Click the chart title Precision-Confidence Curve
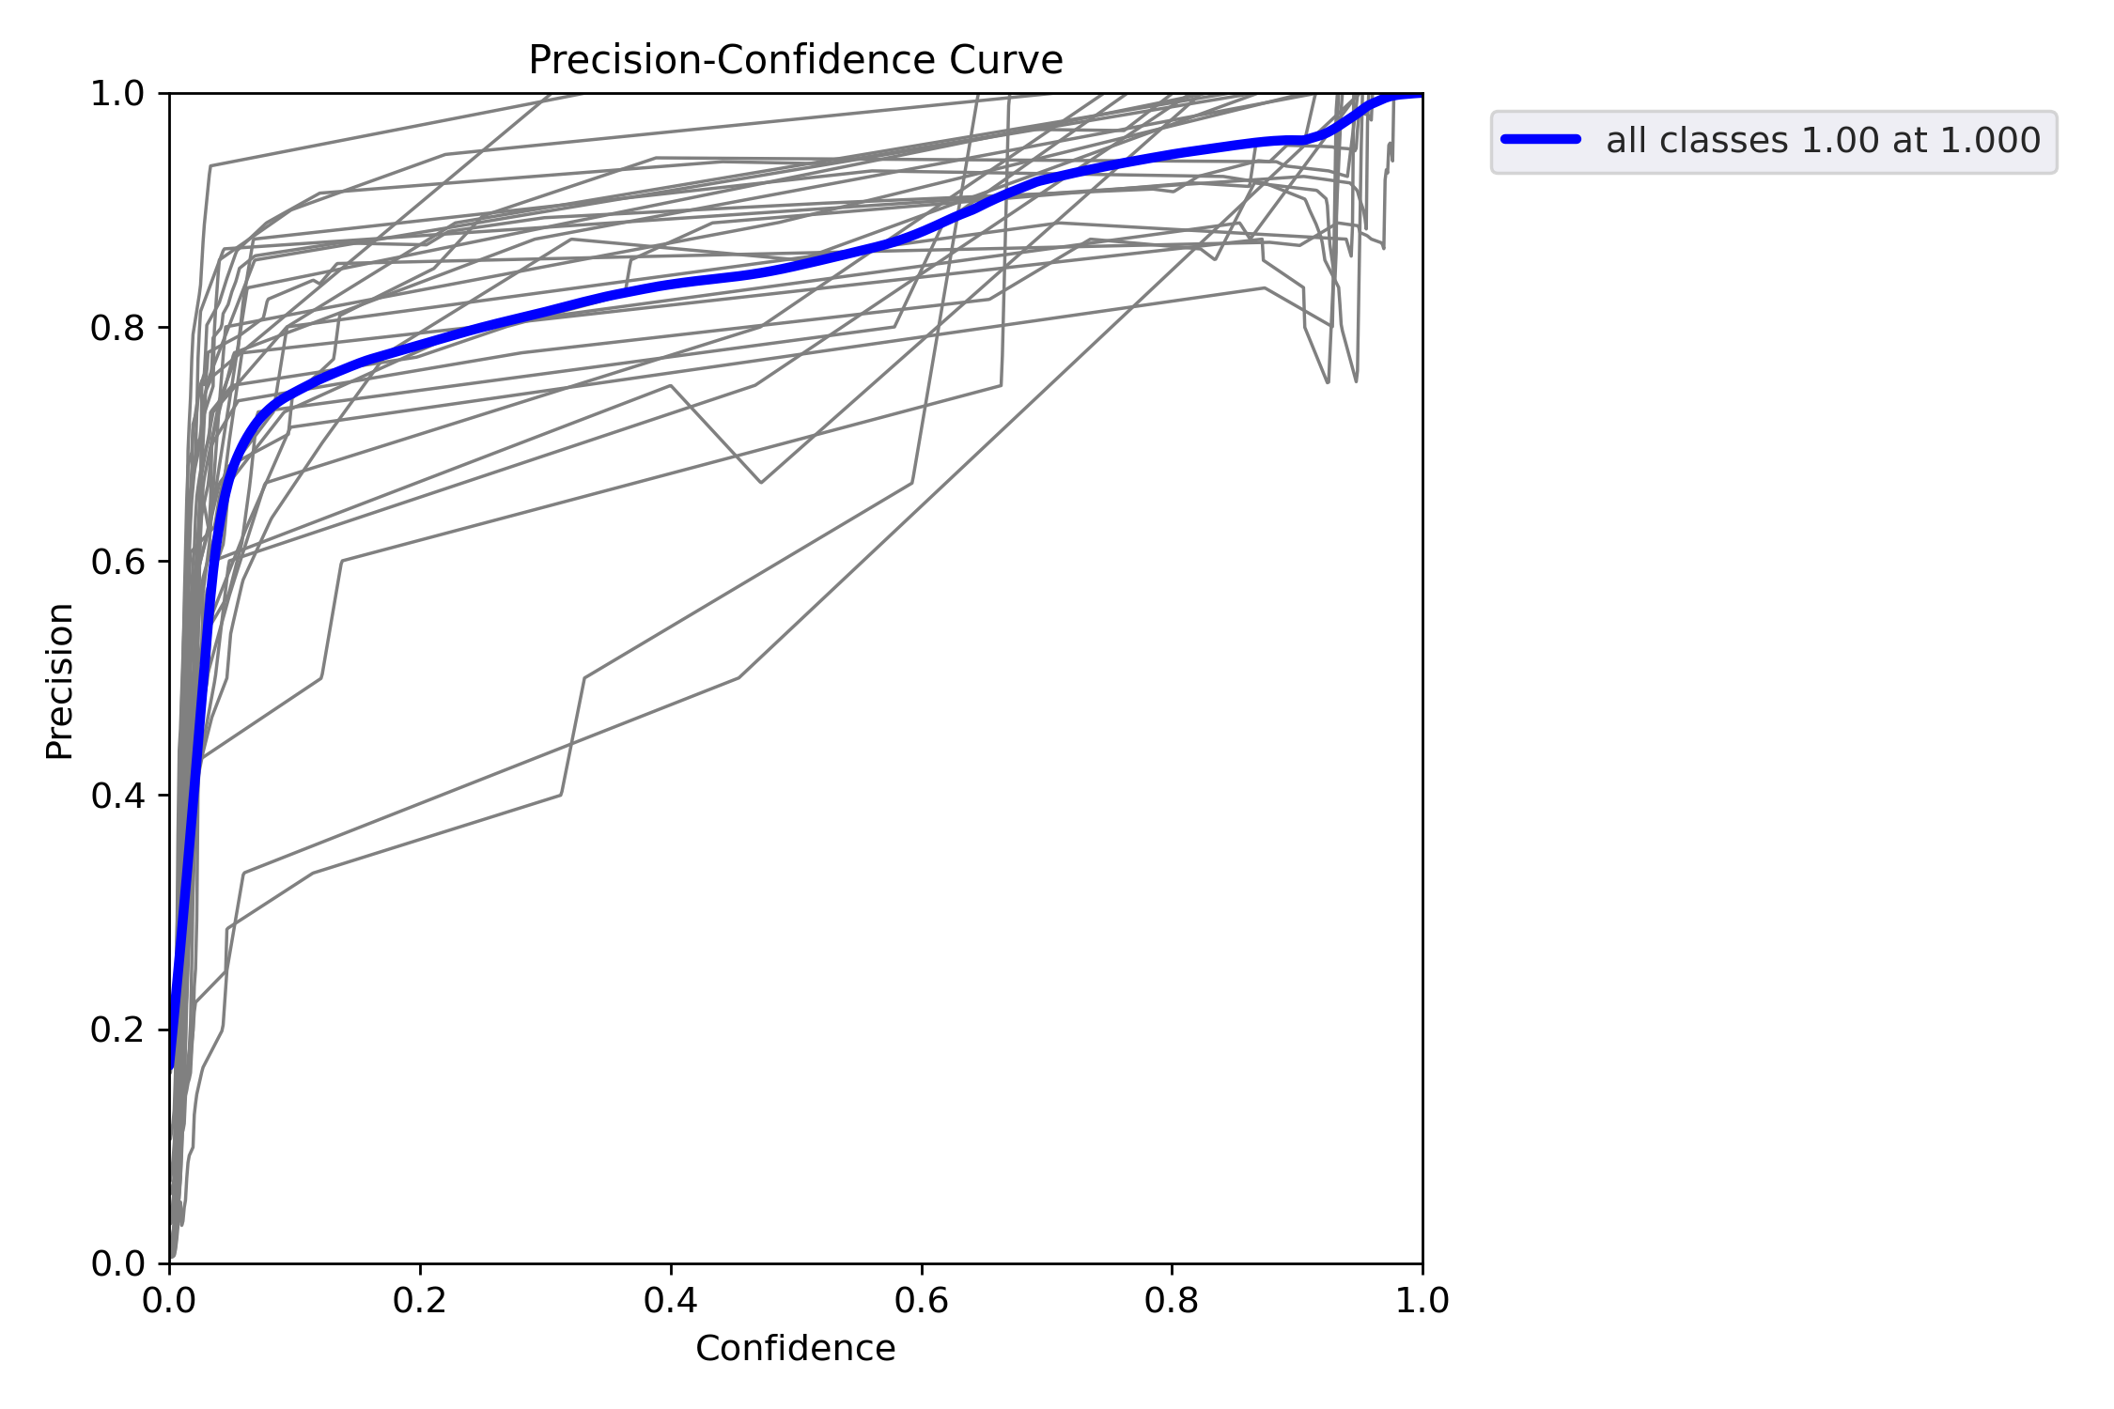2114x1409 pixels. [795, 61]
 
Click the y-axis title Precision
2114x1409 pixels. [60, 681]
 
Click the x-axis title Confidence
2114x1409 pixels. [795, 1349]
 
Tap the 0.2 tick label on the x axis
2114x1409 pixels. [420, 1300]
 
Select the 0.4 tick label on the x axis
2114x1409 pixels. [671, 1300]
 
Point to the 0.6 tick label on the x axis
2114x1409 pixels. [922, 1300]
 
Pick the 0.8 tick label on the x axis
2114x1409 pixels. [1173, 1300]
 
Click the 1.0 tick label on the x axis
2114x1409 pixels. [1422, 1300]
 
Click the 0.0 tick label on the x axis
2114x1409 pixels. [169, 1300]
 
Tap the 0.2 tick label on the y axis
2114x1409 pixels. [117, 1030]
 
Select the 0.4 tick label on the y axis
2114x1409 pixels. [117, 796]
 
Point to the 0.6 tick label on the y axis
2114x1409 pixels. [117, 562]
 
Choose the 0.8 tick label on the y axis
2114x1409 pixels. [117, 328]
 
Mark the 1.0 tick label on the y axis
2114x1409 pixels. [117, 94]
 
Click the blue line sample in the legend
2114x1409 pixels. [1541, 140]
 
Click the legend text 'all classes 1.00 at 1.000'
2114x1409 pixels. [1823, 141]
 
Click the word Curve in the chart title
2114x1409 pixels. [1005, 61]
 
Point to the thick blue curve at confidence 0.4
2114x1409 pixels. [671, 284]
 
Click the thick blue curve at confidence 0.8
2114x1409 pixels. [1173, 154]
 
